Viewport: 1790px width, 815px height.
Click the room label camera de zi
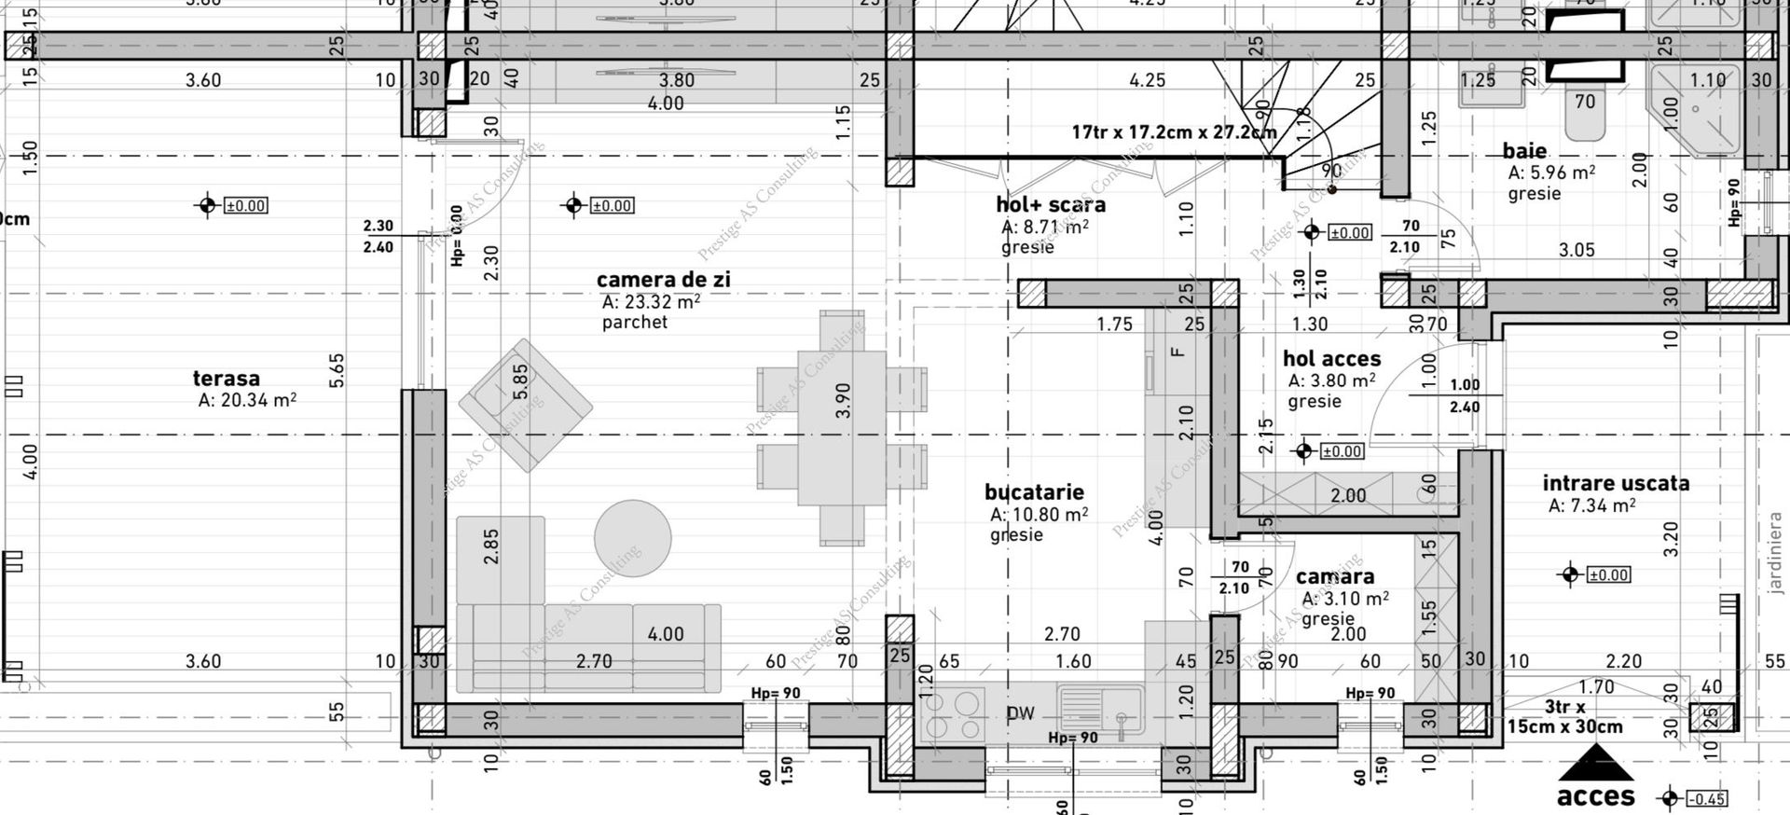tap(663, 280)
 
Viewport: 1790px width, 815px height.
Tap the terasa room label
tap(226, 379)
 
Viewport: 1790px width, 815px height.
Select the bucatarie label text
tap(1034, 492)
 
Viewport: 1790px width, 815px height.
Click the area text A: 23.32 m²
tap(651, 302)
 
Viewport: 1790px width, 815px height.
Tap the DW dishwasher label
tap(1021, 714)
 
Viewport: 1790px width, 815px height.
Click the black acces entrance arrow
tap(1596, 764)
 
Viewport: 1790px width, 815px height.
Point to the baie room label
tap(1524, 151)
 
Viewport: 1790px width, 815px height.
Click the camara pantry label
tap(1334, 577)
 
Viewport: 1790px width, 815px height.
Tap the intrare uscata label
tap(1615, 483)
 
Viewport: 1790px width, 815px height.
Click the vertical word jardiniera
tap(1774, 552)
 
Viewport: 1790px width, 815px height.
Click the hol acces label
tap(1331, 359)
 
